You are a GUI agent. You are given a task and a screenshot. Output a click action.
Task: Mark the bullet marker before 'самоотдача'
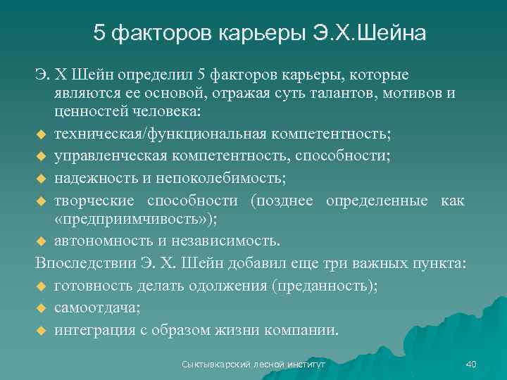point(41,308)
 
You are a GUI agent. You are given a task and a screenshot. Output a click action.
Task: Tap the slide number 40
point(471,364)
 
